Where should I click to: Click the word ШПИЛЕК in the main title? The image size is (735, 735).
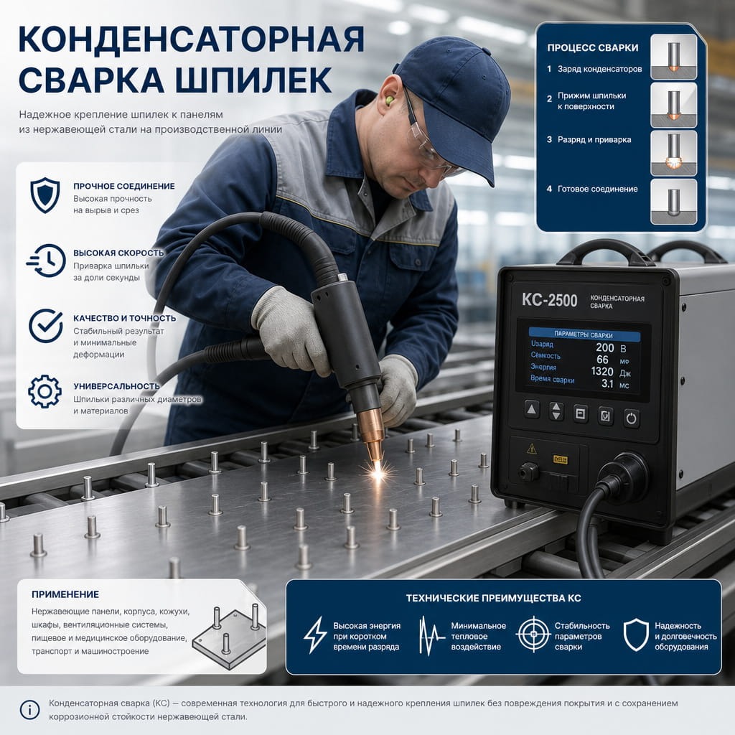pyautogui.click(x=253, y=80)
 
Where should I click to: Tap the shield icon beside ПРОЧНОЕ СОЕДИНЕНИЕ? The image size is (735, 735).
pyautogui.click(x=45, y=195)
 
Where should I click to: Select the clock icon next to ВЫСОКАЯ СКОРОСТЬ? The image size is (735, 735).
pyautogui.click(x=46, y=261)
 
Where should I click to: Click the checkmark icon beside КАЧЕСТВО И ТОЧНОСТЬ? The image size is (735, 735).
pyautogui.click(x=46, y=326)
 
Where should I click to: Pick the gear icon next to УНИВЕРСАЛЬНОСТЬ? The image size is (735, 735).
pyautogui.click(x=45, y=391)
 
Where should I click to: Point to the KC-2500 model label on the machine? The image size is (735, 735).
pyautogui.click(x=549, y=300)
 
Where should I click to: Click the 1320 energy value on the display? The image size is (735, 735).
pyautogui.click(x=602, y=371)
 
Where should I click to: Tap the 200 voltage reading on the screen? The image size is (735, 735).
pyautogui.click(x=604, y=347)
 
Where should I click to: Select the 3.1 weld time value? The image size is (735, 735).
pyautogui.click(x=607, y=383)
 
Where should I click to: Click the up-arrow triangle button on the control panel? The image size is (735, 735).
pyautogui.click(x=532, y=409)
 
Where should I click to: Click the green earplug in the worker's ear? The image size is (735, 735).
pyautogui.click(x=388, y=99)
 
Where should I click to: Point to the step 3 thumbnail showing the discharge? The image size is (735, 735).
pyautogui.click(x=673, y=154)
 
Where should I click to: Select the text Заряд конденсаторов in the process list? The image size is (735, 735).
pyautogui.click(x=599, y=69)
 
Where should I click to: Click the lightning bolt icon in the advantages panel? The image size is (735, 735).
pyautogui.click(x=315, y=635)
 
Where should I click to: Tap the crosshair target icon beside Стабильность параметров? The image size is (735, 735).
pyautogui.click(x=533, y=635)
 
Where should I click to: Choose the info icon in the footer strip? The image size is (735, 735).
pyautogui.click(x=29, y=710)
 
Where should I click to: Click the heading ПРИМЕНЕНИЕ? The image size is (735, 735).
pyautogui.click(x=65, y=594)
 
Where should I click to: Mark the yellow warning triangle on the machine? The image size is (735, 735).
pyautogui.click(x=532, y=449)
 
